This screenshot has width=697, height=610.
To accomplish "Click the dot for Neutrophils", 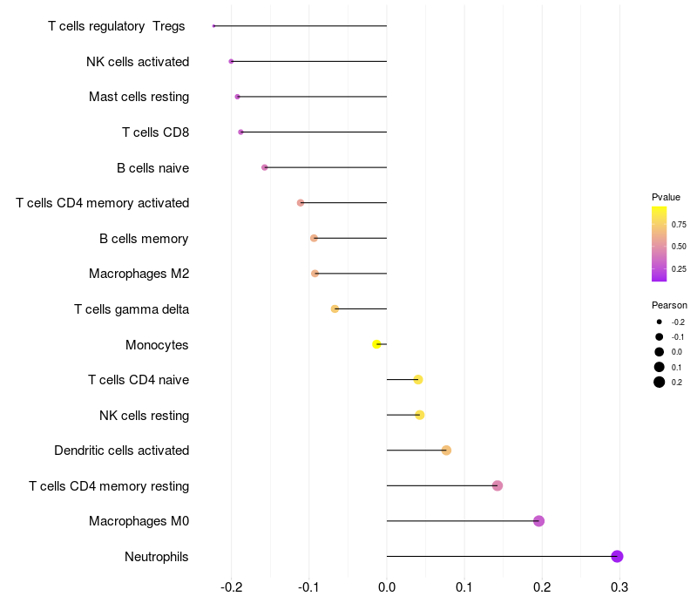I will tap(617, 556).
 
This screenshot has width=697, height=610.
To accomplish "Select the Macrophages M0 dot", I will tap(538, 521).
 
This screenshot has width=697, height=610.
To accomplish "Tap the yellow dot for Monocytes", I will tap(376, 344).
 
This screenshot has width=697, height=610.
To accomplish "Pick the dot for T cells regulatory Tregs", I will tap(213, 26).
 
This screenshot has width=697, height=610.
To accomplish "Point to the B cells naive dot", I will tap(264, 167).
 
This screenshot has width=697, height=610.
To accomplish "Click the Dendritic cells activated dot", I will tap(446, 451).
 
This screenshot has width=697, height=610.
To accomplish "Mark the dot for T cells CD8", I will tap(240, 132).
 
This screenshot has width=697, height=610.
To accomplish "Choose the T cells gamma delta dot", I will tap(335, 308).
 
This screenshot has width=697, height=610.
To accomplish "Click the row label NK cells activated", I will tap(138, 61).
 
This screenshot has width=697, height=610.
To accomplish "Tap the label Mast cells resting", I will tap(139, 97).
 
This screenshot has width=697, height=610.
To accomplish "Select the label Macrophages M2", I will tap(139, 274).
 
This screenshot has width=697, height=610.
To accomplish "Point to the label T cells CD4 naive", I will tap(139, 380).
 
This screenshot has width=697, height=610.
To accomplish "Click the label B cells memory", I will tap(144, 238).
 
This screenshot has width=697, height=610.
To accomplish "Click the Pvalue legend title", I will tap(666, 197).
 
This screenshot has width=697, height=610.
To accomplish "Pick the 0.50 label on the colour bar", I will tap(679, 247).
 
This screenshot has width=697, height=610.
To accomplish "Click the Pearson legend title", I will tap(669, 305).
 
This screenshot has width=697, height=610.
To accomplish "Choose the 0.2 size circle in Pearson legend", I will tap(660, 382).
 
